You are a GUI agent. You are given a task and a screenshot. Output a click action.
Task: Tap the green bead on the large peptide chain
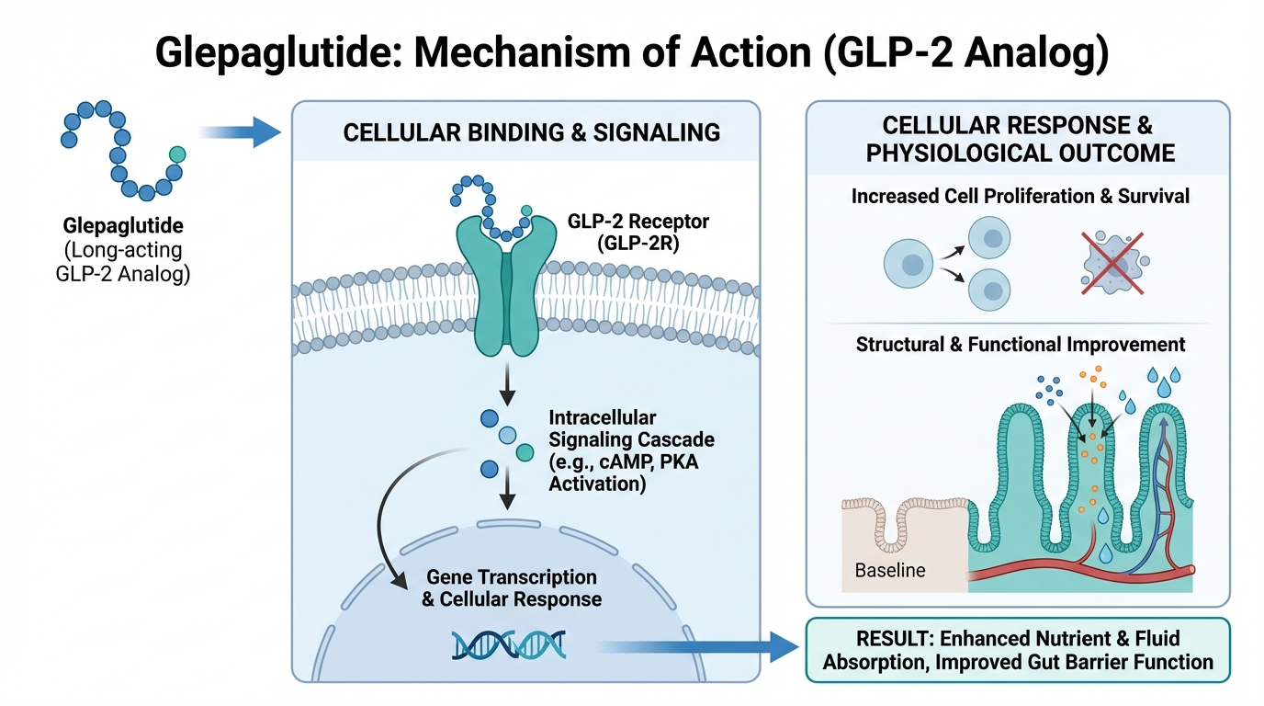coord(177,154)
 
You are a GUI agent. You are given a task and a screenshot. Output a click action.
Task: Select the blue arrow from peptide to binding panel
coord(239,133)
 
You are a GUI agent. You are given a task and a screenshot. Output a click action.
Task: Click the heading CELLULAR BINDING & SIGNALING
coord(532,132)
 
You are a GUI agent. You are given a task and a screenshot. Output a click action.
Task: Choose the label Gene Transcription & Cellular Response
coord(511,588)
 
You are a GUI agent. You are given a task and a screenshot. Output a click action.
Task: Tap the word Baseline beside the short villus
coord(890,570)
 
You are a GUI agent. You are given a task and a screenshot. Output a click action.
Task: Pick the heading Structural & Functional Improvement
coord(1021,345)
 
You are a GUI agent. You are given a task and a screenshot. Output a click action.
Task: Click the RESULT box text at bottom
coord(1018,649)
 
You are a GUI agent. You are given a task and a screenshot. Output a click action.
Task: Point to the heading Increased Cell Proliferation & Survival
coord(1020,196)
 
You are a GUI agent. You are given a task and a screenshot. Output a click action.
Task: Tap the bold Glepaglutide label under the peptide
coord(122,225)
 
